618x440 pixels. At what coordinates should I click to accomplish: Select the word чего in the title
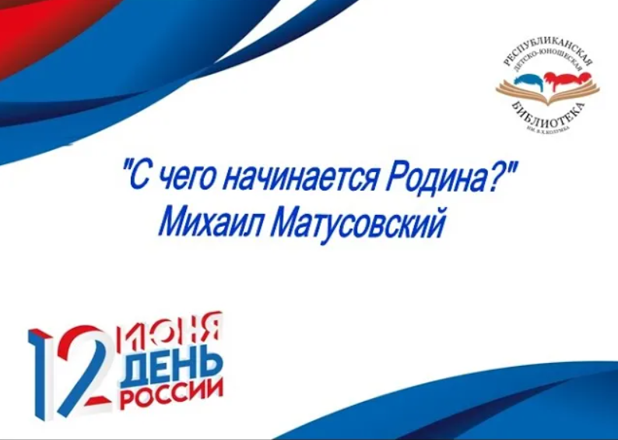(181, 180)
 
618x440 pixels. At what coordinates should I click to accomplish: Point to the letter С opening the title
(139, 180)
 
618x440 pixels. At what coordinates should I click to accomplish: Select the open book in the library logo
(548, 94)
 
